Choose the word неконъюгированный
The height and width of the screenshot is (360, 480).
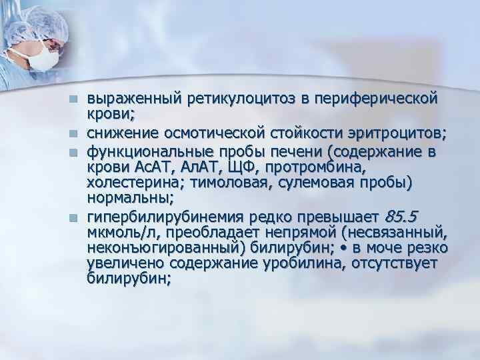(x=160, y=247)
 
